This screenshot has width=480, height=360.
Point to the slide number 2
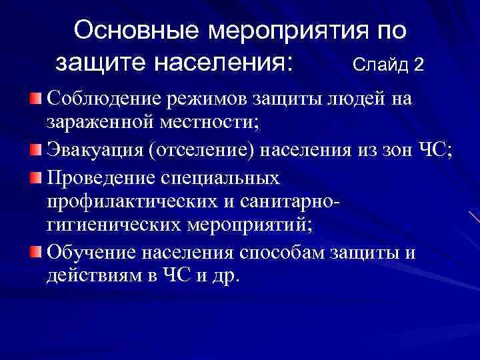pos(418,65)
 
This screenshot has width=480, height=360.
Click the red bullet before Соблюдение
pos(35,99)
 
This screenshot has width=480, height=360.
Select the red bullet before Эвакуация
pos(35,147)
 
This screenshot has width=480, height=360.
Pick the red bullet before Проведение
pos(35,178)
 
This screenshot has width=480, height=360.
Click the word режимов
pos(205,99)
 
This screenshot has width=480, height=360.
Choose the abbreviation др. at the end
pos(225,275)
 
